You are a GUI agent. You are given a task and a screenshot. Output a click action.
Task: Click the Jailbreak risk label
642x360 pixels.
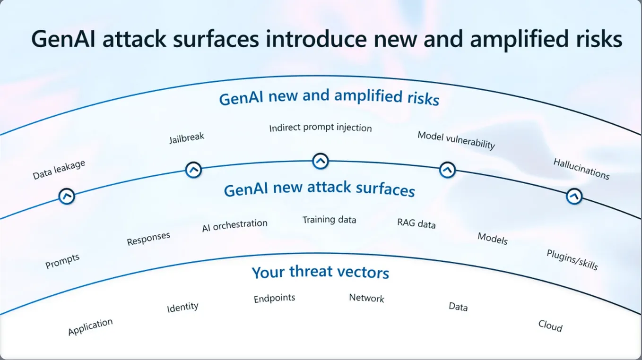[187, 138]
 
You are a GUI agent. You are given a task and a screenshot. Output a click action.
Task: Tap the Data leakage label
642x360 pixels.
[59, 170]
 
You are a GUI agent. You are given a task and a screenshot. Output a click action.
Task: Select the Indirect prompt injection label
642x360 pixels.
[321, 128]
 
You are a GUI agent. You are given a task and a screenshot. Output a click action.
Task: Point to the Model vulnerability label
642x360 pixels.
[456, 140]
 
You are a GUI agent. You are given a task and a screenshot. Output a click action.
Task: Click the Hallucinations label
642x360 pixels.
[581, 169]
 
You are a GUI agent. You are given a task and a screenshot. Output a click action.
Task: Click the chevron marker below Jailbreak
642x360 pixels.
[194, 170]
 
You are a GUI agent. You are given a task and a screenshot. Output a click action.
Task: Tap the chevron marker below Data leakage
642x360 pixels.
[67, 197]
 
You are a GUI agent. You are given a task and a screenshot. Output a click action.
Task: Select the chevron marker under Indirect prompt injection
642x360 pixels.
[321, 161]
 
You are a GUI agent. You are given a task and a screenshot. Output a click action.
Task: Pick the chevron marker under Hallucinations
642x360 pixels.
[574, 197]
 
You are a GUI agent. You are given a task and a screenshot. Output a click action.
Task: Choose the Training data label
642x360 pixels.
[330, 220]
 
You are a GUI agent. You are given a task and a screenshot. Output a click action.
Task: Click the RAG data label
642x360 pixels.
[416, 223]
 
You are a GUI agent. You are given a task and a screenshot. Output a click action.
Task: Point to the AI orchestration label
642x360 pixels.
[235, 225]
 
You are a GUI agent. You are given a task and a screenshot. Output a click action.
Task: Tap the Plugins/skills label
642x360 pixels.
[573, 260]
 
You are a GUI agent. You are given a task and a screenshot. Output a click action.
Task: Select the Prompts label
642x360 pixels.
[62, 261]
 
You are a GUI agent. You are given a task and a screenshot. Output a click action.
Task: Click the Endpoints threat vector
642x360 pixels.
[274, 299]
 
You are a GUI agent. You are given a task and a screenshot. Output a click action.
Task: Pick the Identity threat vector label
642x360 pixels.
[182, 307]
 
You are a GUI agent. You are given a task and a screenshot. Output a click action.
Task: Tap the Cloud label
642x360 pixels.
[550, 326]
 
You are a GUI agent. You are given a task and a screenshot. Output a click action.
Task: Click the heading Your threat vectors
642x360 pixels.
[321, 272]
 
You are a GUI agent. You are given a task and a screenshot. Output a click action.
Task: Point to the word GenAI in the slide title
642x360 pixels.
[63, 39]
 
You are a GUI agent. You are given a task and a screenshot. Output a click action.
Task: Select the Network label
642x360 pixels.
[366, 298]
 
